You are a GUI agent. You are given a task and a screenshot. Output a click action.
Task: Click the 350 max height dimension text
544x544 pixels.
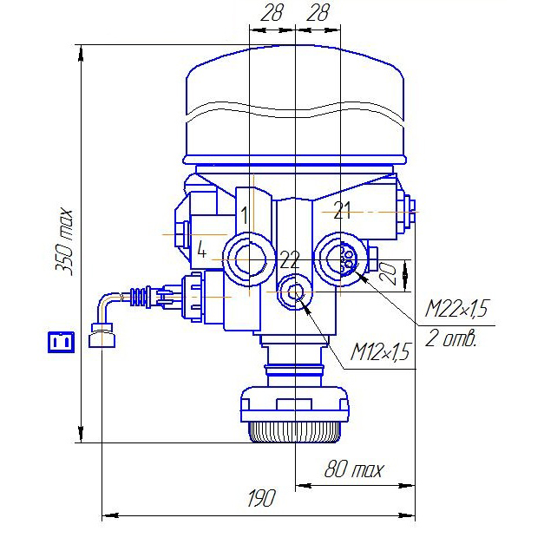pyautogui.click(x=64, y=242)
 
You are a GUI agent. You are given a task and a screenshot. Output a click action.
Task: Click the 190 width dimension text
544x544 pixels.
pyautogui.click(x=261, y=498)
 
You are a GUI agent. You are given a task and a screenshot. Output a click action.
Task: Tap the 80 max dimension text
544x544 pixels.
pyautogui.click(x=354, y=469)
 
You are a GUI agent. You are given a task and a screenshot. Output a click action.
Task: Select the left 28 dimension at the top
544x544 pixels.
pyautogui.click(x=272, y=13)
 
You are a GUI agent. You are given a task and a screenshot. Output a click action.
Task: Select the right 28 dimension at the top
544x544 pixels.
pyautogui.click(x=318, y=13)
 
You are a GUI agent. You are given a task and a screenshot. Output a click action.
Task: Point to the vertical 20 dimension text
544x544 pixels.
pyautogui.click(x=388, y=274)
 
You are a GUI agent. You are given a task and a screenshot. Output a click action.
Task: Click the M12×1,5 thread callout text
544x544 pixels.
pyautogui.click(x=381, y=351)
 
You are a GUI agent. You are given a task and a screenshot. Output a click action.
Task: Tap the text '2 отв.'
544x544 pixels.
pyautogui.click(x=450, y=338)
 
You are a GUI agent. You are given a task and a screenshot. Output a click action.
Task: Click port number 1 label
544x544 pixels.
pyautogui.click(x=245, y=215)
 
